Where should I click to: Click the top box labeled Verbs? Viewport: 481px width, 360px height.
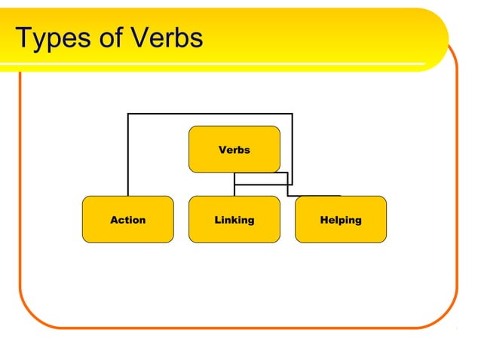pos(234,149)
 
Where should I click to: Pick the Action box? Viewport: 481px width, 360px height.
pos(127,219)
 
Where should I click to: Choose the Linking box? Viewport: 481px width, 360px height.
pos(234,219)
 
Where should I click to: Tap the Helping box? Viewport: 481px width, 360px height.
pos(340,219)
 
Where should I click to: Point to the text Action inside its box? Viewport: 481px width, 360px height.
pos(127,220)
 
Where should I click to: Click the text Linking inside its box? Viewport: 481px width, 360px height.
pos(234,220)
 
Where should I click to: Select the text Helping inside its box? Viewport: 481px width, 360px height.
pos(340,220)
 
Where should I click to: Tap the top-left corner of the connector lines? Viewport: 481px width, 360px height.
pos(128,114)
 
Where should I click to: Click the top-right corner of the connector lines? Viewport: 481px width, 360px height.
pos(292,114)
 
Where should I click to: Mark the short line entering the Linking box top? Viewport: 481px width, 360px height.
pos(234,190)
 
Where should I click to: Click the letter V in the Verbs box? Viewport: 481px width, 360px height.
pos(222,150)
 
